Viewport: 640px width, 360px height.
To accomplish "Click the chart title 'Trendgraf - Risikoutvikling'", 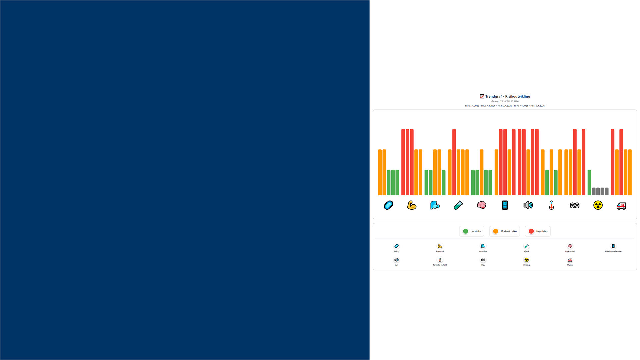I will point(507,97).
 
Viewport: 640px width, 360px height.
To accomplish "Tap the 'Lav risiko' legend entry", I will point(472,231).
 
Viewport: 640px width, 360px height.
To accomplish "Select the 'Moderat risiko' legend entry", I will point(505,231).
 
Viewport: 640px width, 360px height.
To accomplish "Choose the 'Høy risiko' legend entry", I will point(538,231).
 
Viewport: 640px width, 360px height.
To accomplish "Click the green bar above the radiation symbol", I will point(589,183).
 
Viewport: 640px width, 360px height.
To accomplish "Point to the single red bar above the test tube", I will point(454,162).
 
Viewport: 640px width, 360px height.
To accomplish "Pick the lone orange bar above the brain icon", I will point(482,172).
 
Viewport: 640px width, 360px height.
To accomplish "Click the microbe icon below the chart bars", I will point(389,205).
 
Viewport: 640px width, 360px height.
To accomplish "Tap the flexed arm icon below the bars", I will point(412,205).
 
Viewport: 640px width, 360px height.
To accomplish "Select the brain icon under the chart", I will point(482,205).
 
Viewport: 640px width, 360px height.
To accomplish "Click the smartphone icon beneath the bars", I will point(505,205).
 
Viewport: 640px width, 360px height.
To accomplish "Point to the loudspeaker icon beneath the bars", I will point(528,205).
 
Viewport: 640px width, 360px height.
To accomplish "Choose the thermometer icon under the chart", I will point(551,205).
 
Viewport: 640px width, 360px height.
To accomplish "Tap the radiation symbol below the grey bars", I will point(598,205).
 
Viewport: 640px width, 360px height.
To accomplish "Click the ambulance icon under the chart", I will point(621,206).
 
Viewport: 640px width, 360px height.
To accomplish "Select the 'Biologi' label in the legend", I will point(396,251).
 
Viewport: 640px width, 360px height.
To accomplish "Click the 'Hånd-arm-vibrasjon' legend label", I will point(613,251).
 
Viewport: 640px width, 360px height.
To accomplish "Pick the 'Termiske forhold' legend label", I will point(440,265).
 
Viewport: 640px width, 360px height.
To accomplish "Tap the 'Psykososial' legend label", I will point(570,251).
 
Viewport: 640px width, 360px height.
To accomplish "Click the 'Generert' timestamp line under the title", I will point(505,101).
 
